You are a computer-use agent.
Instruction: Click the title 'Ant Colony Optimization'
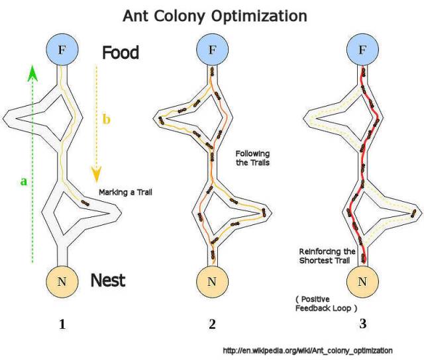click(214, 15)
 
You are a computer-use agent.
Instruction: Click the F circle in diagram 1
click(63, 50)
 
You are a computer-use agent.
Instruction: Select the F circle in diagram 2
click(212, 50)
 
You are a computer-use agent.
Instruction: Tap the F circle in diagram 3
click(362, 50)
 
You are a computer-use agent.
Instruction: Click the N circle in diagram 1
click(63, 281)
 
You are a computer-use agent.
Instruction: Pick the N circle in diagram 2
click(212, 281)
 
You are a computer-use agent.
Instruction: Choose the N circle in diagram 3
click(362, 281)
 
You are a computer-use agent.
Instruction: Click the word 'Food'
click(120, 53)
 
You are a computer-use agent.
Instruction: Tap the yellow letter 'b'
click(106, 120)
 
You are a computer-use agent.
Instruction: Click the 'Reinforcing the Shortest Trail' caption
click(328, 257)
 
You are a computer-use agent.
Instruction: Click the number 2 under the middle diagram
click(212, 325)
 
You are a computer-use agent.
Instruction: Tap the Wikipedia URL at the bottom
click(307, 349)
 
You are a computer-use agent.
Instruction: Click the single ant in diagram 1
click(85, 202)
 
